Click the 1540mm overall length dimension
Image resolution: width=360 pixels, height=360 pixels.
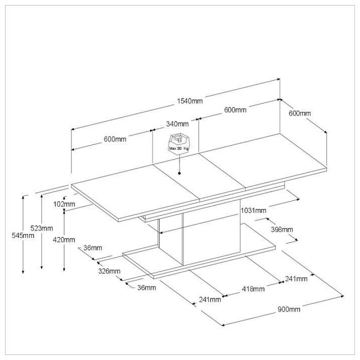[189, 101]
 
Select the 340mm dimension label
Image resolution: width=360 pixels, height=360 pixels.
[177, 123]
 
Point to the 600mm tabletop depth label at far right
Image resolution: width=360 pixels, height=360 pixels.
[299, 113]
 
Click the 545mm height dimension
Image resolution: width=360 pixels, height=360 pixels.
[11, 235]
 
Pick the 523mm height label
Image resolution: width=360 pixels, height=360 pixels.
[41, 228]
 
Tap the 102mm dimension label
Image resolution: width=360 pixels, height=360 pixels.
[64, 204]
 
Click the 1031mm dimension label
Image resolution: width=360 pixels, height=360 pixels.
[253, 210]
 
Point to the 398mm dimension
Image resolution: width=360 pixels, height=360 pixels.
[281, 229]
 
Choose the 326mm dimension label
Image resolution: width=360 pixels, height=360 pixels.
[109, 271]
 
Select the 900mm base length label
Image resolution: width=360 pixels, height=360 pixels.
[288, 309]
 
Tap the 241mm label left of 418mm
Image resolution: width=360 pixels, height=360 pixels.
[209, 299]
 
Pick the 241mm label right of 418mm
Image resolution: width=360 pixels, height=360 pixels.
[296, 278]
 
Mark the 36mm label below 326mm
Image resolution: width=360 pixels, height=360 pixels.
[146, 287]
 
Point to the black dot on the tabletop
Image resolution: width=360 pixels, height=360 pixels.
[178, 173]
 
